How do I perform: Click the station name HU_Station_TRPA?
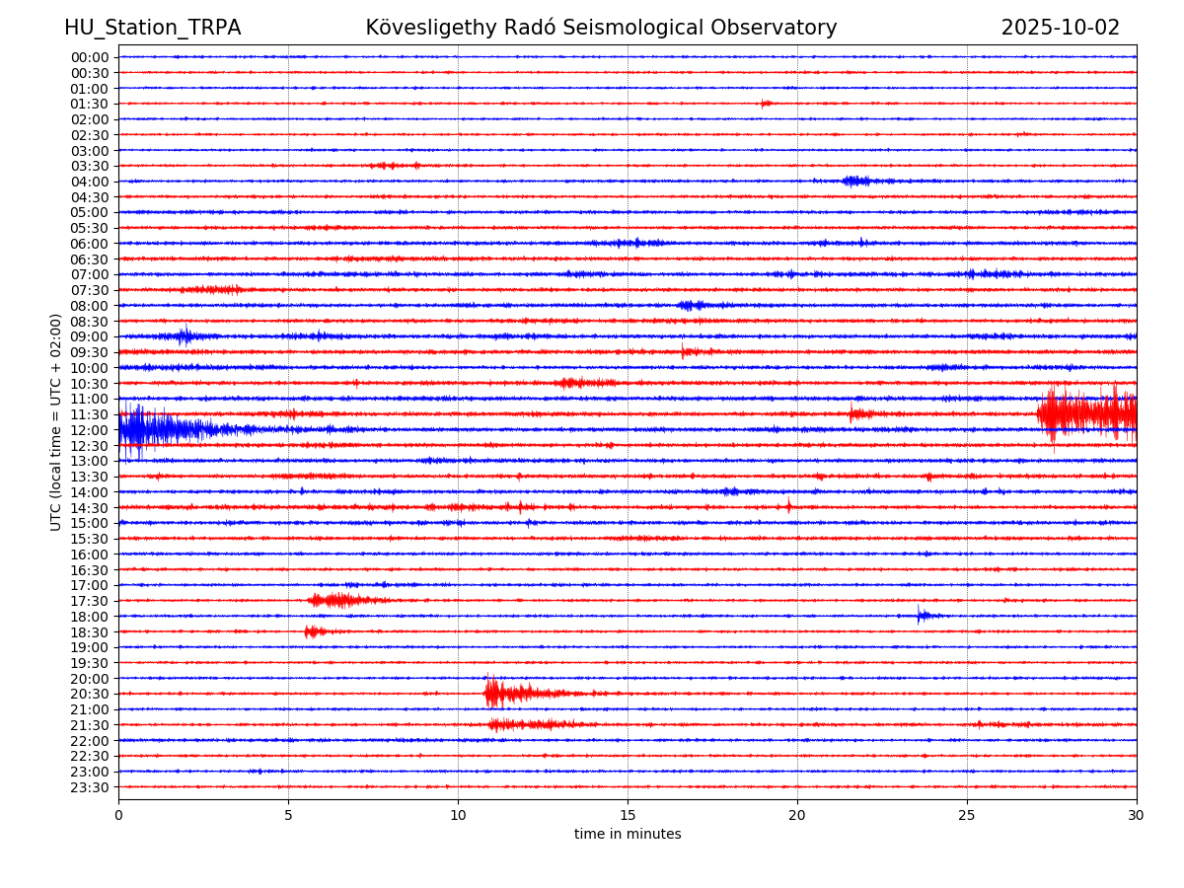[152, 28]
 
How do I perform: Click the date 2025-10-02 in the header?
[1060, 28]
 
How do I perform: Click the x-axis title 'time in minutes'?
[628, 835]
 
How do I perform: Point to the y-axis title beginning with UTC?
[56, 421]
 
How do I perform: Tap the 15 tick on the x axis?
[628, 815]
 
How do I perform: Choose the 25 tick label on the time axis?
[967, 815]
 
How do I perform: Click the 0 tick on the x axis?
[118, 815]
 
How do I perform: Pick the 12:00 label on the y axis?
[89, 430]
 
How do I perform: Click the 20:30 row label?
[89, 694]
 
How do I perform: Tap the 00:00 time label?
[89, 57]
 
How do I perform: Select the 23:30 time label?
[89, 787]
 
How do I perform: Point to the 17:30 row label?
[89, 601]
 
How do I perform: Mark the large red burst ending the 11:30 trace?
[1085, 414]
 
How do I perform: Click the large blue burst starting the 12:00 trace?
[148, 429]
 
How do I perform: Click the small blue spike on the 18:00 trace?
[921, 616]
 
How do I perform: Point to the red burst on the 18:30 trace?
[313, 631]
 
